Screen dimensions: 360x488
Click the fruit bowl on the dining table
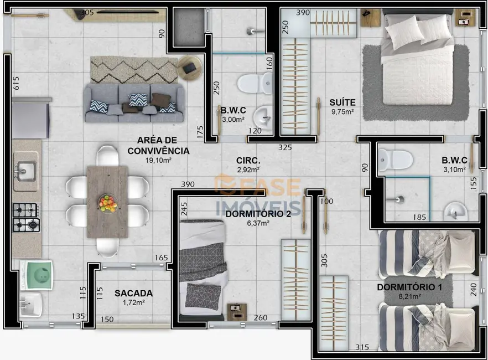tap(107, 202)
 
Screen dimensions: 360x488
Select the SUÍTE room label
tap(342, 102)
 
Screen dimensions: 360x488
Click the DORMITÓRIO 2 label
tap(251, 214)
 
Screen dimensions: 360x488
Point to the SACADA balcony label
tap(133, 293)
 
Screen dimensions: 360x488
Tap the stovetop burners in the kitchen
tap(26, 217)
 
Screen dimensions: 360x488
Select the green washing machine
tap(37, 275)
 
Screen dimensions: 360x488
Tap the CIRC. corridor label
tap(248, 161)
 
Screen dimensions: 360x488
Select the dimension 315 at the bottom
tap(362, 347)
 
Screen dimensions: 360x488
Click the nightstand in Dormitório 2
tap(237, 311)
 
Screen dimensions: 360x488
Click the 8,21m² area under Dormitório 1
tap(409, 296)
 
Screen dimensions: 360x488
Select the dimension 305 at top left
tap(86, 12)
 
